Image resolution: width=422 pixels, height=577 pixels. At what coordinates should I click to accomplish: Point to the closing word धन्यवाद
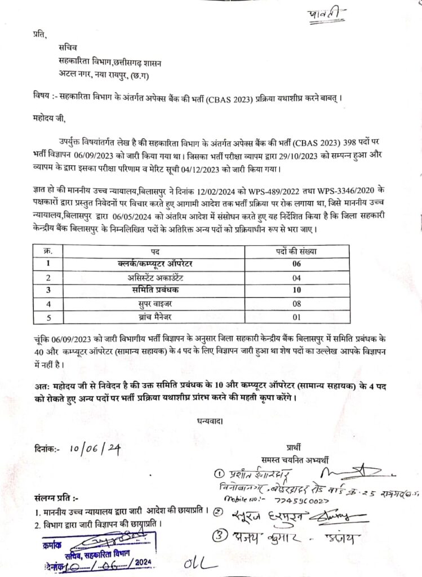coord(208,420)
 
